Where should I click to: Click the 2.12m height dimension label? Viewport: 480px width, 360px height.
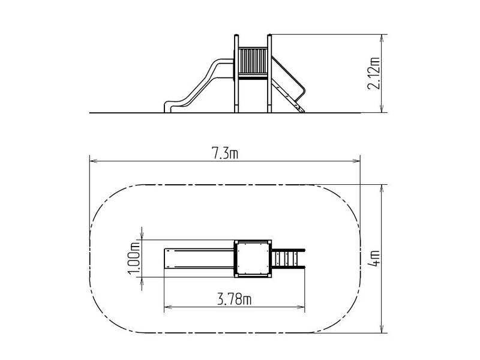(x=374, y=73)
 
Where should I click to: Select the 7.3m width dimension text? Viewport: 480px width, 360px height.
(x=225, y=154)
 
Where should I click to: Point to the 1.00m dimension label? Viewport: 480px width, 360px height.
(x=134, y=258)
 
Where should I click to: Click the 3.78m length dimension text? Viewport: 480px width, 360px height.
(x=234, y=299)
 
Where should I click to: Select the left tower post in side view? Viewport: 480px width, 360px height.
(x=236, y=73)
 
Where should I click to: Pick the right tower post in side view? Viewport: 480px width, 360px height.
(x=269, y=73)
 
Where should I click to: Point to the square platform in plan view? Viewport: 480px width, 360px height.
(x=253, y=259)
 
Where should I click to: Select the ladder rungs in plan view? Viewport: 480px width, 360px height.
(x=286, y=259)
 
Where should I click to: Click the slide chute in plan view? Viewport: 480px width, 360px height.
(x=199, y=259)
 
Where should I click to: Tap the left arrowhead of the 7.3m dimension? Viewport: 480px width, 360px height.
(x=93, y=161)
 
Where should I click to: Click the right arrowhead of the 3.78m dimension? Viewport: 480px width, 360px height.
(x=301, y=307)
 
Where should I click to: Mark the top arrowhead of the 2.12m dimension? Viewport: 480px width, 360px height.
(x=382, y=38)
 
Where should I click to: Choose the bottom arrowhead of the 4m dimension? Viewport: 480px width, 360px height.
(x=382, y=329)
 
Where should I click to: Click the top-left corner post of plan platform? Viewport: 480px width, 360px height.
(x=236, y=242)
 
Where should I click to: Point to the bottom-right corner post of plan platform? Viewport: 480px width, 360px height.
(x=269, y=275)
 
